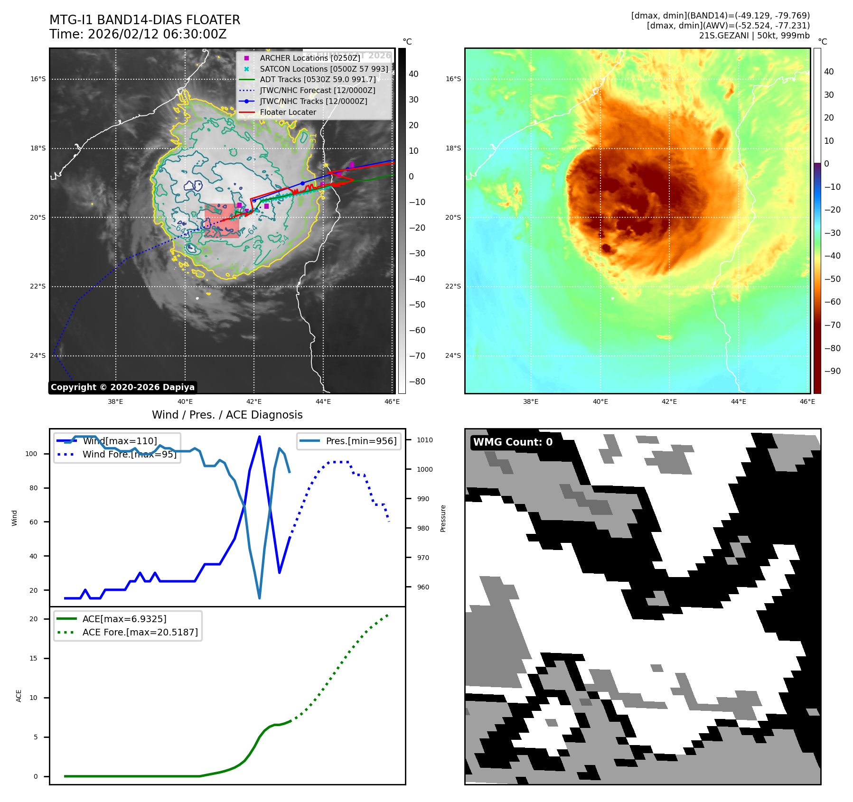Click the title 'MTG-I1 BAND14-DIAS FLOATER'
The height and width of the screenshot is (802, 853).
click(x=145, y=20)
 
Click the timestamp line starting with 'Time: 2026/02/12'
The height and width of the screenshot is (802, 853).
click(x=138, y=34)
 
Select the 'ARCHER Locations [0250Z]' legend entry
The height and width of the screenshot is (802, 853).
click(x=309, y=58)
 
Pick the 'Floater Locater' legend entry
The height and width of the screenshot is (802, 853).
click(x=288, y=112)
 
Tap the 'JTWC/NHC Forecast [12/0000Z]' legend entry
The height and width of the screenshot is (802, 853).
click(x=317, y=90)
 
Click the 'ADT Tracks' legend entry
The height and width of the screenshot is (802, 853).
click(x=317, y=79)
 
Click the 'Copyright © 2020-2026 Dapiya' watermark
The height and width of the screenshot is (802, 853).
click(x=122, y=387)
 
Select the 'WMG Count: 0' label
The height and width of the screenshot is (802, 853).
click(x=513, y=442)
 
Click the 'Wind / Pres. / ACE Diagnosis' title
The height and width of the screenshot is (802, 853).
click(x=227, y=415)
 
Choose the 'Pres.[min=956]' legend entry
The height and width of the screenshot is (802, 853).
click(x=361, y=441)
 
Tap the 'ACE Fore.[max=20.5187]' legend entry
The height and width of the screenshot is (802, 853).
click(x=140, y=632)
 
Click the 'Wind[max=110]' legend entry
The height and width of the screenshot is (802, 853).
click(x=120, y=441)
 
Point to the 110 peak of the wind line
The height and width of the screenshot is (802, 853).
click(x=259, y=437)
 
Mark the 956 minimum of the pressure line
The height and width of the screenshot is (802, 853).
click(x=259, y=598)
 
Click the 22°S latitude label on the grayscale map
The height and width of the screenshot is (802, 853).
click(x=38, y=287)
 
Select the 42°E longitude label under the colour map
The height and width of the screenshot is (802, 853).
click(x=669, y=401)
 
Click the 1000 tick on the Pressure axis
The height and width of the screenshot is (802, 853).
click(x=425, y=469)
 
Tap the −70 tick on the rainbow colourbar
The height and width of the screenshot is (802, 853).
click(x=832, y=325)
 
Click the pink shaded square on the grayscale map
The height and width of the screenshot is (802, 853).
click(x=222, y=220)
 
